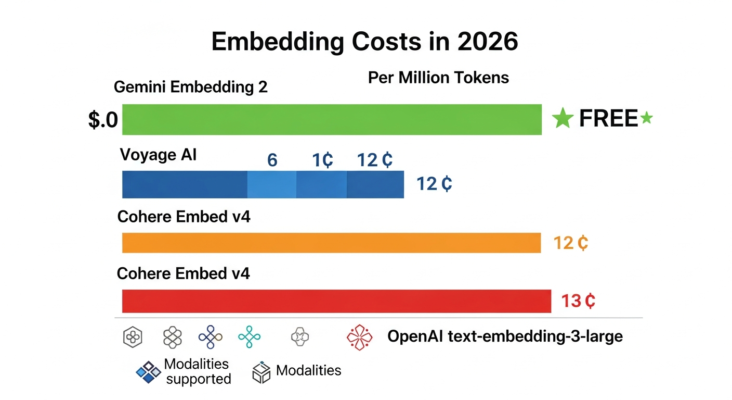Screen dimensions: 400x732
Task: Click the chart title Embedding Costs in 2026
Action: pyautogui.click(x=365, y=42)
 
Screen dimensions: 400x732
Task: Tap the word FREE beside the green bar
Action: pyautogui.click(x=608, y=119)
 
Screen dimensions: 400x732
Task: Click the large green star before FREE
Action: pyautogui.click(x=563, y=119)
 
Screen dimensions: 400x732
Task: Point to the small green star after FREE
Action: pyautogui.click(x=646, y=118)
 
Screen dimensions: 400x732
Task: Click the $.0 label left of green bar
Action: pyautogui.click(x=103, y=120)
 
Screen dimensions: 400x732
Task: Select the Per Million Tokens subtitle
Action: pyautogui.click(x=438, y=78)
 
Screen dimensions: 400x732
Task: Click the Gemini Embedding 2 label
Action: pyautogui.click(x=190, y=86)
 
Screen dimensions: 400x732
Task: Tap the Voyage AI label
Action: pyautogui.click(x=158, y=155)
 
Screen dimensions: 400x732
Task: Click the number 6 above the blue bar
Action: pyautogui.click(x=272, y=160)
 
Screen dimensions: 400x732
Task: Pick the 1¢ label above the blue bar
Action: pyautogui.click(x=322, y=160)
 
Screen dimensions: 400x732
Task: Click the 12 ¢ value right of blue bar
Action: pyautogui.click(x=434, y=184)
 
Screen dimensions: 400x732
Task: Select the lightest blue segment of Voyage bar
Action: pyautogui.click(x=271, y=184)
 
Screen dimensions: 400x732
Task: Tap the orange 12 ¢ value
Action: pyautogui.click(x=570, y=243)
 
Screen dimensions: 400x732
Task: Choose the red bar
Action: pyautogui.click(x=336, y=302)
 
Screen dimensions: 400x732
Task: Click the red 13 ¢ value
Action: pyautogui.click(x=578, y=301)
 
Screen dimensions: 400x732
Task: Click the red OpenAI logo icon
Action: pyautogui.click(x=360, y=337)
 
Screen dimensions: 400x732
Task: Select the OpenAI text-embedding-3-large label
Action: pyautogui.click(x=505, y=336)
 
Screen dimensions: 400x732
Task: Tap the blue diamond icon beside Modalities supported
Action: pyautogui.click(x=148, y=372)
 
